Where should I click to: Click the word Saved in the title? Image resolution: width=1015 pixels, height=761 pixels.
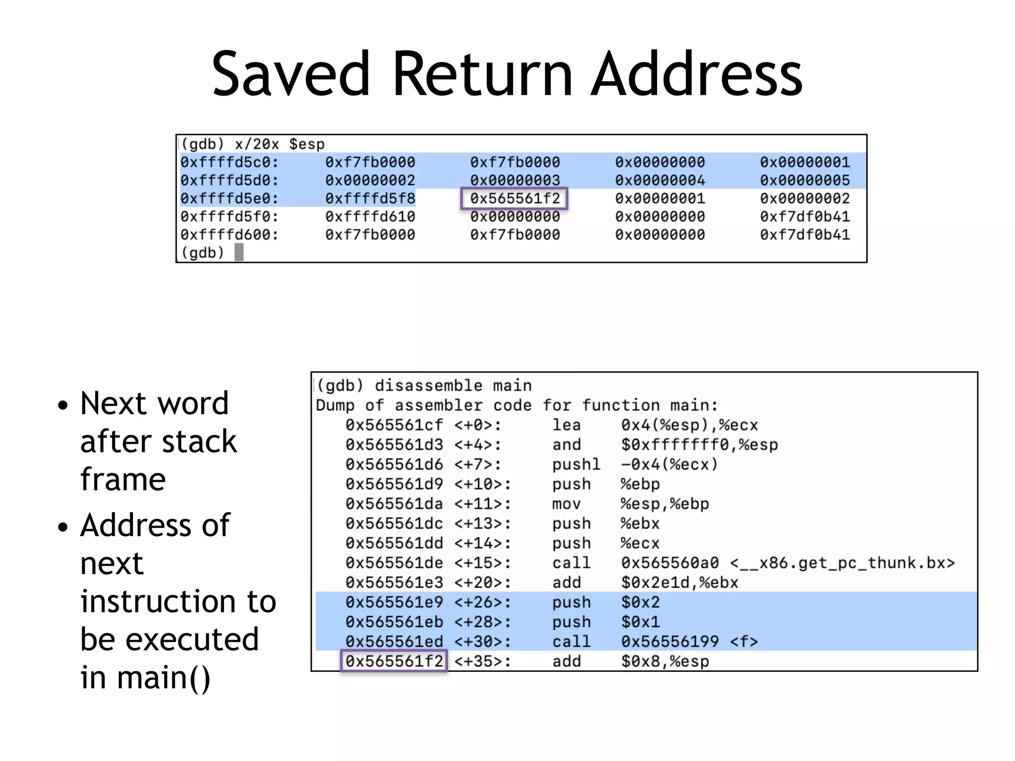[x=291, y=74]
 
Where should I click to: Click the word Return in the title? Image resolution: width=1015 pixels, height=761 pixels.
[x=483, y=74]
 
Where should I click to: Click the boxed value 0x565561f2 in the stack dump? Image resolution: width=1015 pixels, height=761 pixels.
[x=514, y=199]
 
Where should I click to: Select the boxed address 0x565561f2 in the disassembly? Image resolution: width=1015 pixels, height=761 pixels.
[x=394, y=661]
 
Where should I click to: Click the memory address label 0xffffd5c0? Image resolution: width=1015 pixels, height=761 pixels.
[x=229, y=163]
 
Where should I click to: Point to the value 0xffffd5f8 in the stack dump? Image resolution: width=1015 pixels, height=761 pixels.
[x=370, y=199]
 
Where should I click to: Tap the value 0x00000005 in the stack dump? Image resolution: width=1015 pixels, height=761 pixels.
[x=804, y=180]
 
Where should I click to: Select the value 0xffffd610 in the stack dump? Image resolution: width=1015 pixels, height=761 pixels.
[x=370, y=217]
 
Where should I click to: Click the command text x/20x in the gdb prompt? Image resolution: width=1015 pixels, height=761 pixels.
[x=257, y=144]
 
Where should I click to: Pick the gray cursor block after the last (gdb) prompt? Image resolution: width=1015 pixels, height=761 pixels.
[x=239, y=253]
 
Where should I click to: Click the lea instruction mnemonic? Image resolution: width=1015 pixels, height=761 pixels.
[x=566, y=425]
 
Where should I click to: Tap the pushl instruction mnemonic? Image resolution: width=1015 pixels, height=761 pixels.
[x=576, y=465]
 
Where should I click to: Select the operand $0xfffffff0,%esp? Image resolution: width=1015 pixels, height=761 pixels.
[x=699, y=445]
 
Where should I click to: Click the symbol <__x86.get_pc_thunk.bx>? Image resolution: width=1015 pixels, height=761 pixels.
[x=842, y=563]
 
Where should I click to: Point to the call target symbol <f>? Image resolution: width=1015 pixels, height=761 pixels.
[x=744, y=642]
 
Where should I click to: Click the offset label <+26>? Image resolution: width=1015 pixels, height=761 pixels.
[x=482, y=602]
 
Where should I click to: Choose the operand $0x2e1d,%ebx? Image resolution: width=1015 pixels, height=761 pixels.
[x=679, y=583]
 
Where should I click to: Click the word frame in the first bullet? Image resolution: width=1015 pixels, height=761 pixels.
[x=123, y=479]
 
